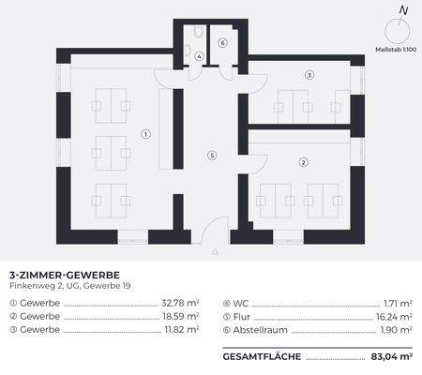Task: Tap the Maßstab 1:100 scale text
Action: tap(396, 48)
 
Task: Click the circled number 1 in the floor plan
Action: tap(145, 134)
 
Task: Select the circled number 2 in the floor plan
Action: tap(303, 162)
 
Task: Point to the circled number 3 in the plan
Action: tap(309, 74)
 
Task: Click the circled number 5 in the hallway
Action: tap(213, 155)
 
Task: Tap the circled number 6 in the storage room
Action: tap(222, 43)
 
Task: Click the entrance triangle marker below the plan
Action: tap(216, 252)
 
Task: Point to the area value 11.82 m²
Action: tap(180, 331)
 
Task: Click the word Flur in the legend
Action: tap(243, 317)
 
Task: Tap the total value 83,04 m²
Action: tap(391, 357)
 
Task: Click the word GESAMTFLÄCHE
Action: tap(263, 357)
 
